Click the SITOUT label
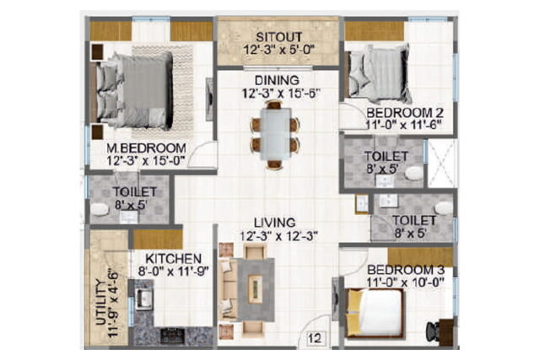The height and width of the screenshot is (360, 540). [279, 37]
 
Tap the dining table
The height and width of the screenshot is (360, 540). [275, 134]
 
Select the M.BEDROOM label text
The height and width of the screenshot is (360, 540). [146, 148]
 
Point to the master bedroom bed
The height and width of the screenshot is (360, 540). [134, 90]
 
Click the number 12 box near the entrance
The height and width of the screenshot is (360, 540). [315, 338]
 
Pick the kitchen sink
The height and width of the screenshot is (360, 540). [144, 298]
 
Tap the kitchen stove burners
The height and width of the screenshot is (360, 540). [172, 336]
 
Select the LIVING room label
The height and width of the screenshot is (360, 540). [275, 223]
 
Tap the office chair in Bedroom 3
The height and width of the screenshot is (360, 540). [433, 331]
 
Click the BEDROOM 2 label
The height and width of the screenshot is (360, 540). [405, 112]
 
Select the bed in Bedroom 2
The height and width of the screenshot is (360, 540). [380, 73]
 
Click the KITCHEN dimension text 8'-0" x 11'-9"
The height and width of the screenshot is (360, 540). [174, 271]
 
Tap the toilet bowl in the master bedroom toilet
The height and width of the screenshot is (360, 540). [100, 209]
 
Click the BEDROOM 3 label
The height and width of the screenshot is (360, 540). [405, 270]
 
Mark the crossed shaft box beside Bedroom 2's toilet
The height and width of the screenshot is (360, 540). [442, 164]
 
